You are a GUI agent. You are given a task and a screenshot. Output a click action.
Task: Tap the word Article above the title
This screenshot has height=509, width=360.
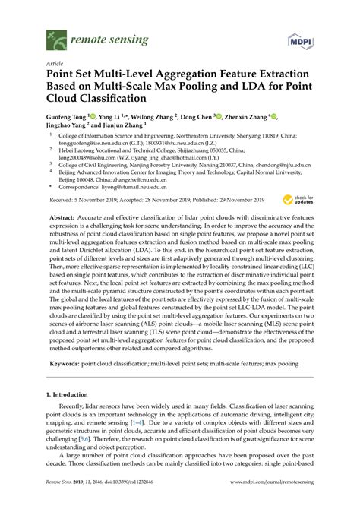55,65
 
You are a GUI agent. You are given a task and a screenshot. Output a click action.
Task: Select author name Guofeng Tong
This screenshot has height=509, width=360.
66,118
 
